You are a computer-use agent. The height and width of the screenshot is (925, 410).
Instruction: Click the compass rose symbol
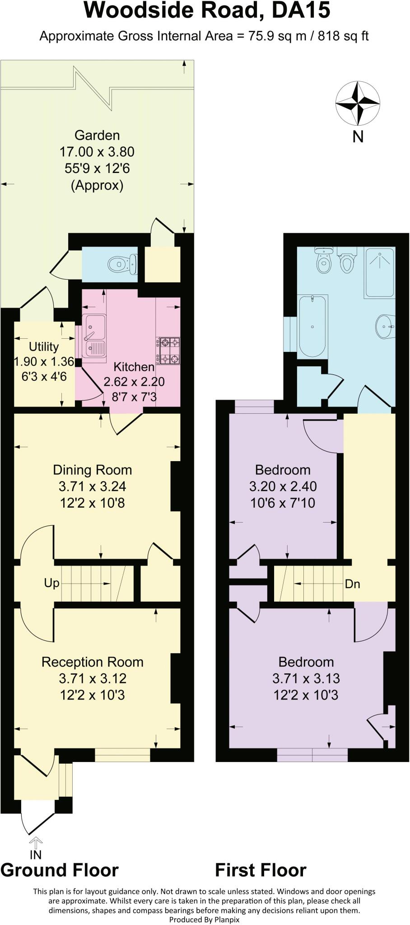pyautogui.click(x=358, y=103)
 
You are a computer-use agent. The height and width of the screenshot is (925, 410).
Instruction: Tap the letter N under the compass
pyautogui.click(x=358, y=136)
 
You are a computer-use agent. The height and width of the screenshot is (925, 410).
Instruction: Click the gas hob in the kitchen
pyautogui.click(x=168, y=350)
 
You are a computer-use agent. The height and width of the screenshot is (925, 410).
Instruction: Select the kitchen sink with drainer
pyautogui.click(x=94, y=335)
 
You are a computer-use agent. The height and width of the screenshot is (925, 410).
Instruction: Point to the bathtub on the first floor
pyautogui.click(x=312, y=326)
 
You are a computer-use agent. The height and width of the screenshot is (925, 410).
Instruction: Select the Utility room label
pyautogui.click(x=43, y=346)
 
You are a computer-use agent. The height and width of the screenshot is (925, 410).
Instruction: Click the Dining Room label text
pyautogui.click(x=93, y=470)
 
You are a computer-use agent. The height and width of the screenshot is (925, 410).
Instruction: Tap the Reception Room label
pyautogui.click(x=93, y=662)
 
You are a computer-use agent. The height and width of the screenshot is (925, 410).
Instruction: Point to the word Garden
pyautogui.click(x=97, y=135)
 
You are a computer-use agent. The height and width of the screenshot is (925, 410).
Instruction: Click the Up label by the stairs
pyautogui.click(x=51, y=583)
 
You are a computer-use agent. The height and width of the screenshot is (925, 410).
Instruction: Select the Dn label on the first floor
pyautogui.click(x=352, y=584)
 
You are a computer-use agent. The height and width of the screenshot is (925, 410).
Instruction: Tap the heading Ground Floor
pyautogui.click(x=60, y=870)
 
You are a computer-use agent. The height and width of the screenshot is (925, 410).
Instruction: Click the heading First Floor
pyautogui.click(x=261, y=870)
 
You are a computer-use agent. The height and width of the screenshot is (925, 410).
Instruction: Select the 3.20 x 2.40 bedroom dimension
pyautogui.click(x=283, y=486)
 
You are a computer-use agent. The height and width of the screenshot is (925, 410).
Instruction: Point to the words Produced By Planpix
pyautogui.click(x=204, y=920)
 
